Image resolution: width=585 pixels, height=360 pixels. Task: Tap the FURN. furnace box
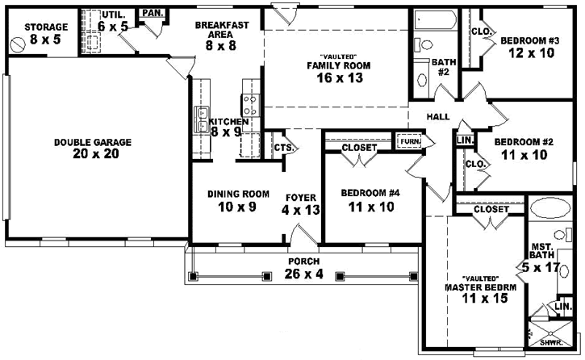tap(409, 142)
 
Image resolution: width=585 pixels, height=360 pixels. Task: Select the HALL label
tap(438, 117)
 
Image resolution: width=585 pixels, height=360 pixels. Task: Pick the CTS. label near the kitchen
tap(282, 148)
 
